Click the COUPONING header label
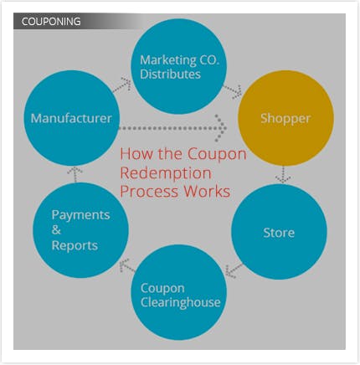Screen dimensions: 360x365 [x=51, y=22]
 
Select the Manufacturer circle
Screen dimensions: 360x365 [x=71, y=118]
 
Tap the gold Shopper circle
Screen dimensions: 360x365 [x=285, y=118]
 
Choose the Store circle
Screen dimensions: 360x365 [x=280, y=232]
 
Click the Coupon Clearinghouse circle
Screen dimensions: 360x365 [x=179, y=292]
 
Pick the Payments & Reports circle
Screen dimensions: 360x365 [x=80, y=230]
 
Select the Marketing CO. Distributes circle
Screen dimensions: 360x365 [x=178, y=66]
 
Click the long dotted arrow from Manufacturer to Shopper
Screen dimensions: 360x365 [x=173, y=128]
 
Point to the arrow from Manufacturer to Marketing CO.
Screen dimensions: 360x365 [x=122, y=85]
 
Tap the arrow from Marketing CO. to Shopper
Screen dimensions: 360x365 [x=233, y=91]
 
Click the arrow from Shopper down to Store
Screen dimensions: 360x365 [x=283, y=175]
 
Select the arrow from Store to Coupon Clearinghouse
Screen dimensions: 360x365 [x=234, y=270]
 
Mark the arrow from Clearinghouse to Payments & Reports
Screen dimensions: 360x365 [x=127, y=266]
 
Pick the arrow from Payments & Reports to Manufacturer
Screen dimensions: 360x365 [x=75, y=174]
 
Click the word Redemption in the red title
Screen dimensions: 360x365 [x=166, y=173]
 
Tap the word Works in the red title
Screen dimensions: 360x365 [x=207, y=192]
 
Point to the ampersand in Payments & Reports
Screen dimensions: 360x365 [x=56, y=230]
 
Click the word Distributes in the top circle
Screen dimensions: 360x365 [x=170, y=75]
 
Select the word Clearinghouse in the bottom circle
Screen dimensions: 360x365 [x=181, y=302]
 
